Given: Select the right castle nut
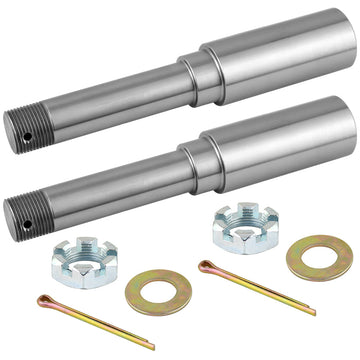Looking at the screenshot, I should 238,227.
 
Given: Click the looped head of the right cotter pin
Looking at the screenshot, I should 206,267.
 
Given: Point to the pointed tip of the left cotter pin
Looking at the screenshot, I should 151,345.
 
